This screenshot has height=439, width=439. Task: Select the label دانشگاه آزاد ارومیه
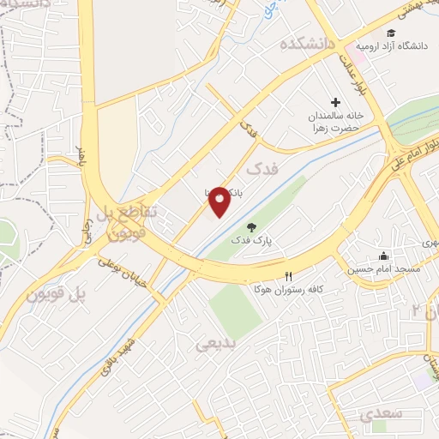395,45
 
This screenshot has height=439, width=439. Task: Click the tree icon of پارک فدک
251,227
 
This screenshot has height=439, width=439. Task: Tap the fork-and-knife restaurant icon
288,276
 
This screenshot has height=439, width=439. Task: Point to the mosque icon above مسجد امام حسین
383,256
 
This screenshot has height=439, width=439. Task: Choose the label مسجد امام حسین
383,269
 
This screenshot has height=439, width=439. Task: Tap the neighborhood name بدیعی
216,345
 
